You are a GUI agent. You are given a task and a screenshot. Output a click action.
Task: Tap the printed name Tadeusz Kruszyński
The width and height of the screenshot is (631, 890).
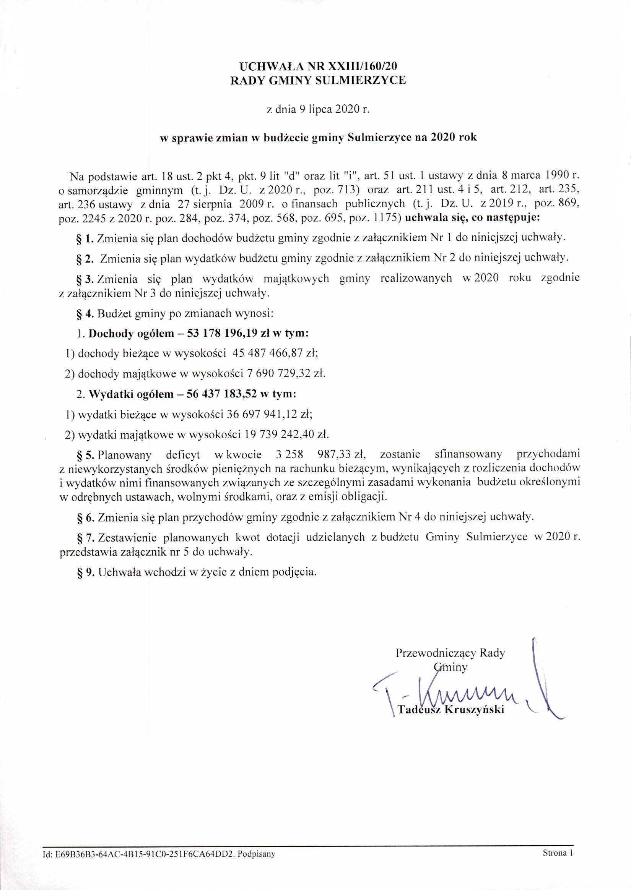pyautogui.click(x=451, y=710)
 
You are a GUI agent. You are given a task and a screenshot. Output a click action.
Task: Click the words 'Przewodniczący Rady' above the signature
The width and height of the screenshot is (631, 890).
pyautogui.click(x=450, y=653)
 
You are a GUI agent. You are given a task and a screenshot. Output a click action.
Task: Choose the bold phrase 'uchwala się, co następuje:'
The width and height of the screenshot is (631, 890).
pyautogui.click(x=472, y=219)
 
